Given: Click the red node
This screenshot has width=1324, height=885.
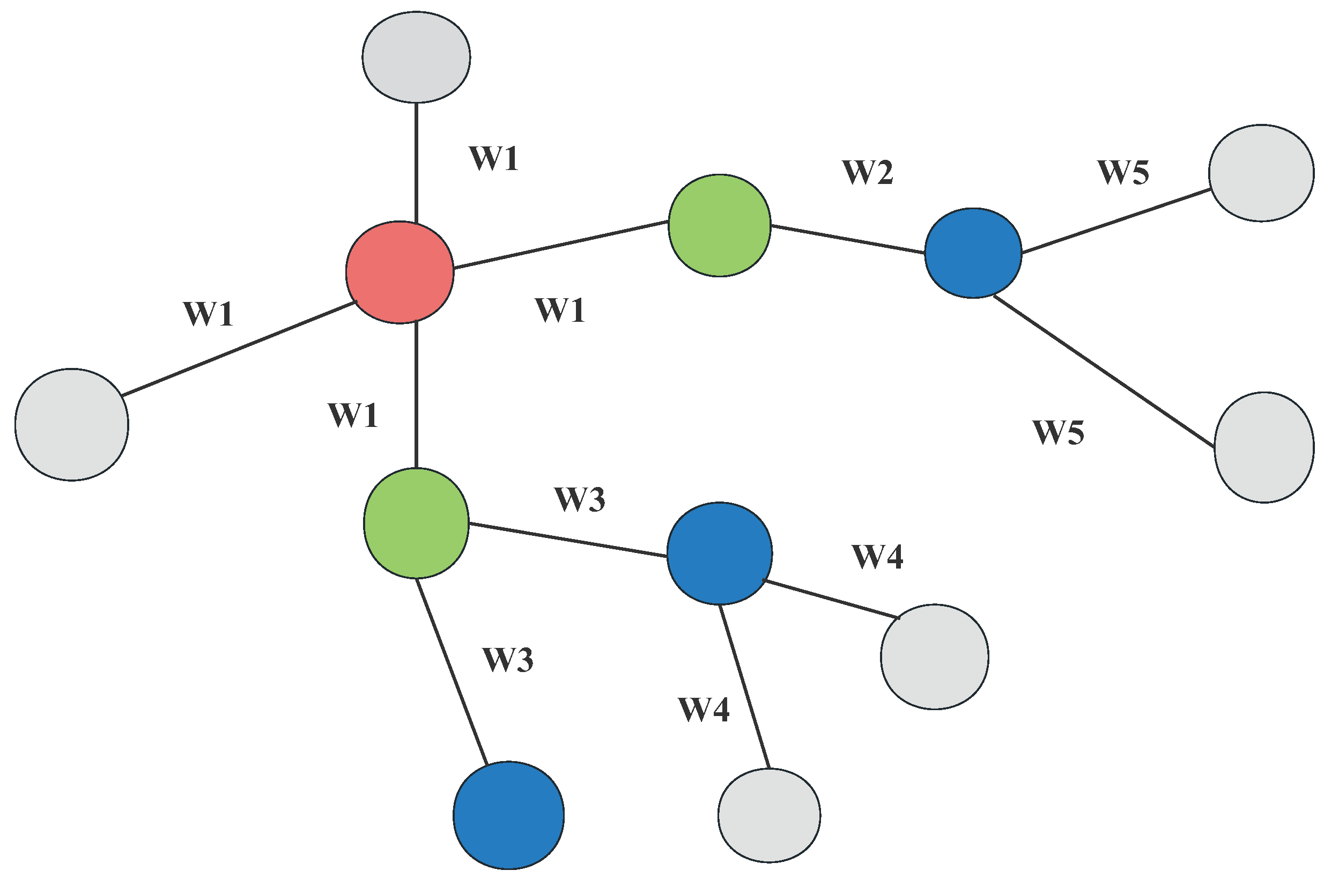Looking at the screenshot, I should tap(400, 272).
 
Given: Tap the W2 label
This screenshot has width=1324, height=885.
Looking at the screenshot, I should tap(868, 172).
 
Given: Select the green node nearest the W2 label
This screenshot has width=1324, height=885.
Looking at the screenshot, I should tap(719, 225).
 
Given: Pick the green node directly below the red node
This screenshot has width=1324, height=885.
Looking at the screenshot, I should tap(416, 523).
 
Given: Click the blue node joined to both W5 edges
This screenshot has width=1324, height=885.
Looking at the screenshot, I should tap(973, 253).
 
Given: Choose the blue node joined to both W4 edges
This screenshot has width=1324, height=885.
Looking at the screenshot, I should tap(719, 553).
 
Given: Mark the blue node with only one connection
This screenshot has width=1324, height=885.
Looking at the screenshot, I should tap(508, 815).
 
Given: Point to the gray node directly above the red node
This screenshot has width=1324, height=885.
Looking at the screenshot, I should tap(416, 57).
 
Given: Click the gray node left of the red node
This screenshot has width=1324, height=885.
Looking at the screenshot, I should tap(72, 424).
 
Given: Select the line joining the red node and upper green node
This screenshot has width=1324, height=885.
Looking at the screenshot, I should tap(561, 245).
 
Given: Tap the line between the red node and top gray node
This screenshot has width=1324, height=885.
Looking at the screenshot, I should tap(416, 163).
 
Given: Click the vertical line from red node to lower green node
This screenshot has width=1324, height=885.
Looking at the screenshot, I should tap(416, 395).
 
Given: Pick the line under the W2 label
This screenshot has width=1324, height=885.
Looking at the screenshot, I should tap(847, 239).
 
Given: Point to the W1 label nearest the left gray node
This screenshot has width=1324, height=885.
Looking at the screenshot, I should tap(208, 314).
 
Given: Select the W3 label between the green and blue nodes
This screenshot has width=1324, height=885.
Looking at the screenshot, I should tap(580, 499).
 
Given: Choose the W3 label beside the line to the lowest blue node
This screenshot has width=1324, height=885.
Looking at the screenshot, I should tap(508, 660).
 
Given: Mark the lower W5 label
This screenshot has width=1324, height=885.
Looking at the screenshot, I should tap(1059, 433).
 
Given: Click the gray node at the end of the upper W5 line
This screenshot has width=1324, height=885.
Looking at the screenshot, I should tap(1261, 173).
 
